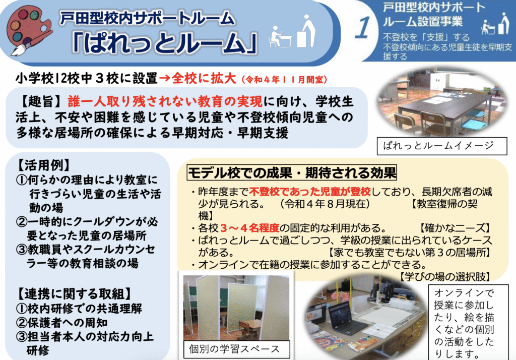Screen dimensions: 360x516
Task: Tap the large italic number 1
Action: click(362, 30)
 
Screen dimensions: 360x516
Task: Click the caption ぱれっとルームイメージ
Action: click(436, 146)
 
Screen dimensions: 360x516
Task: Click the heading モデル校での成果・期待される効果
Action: click(292, 173)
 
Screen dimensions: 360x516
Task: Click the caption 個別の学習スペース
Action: click(234, 349)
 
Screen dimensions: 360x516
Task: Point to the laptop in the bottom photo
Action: click(343, 316)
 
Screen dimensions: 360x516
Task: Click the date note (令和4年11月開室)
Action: click(285, 80)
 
